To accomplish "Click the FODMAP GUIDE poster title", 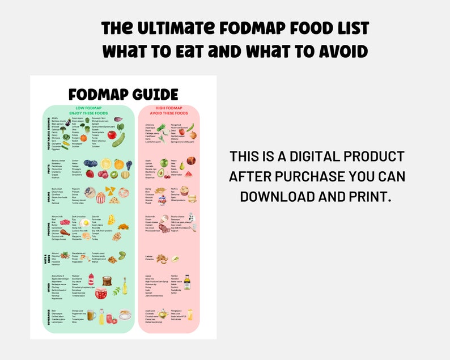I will point(123,94).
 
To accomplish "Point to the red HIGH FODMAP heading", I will point(169,108).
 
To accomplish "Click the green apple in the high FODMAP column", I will point(164,163).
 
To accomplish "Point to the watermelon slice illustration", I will point(189,173).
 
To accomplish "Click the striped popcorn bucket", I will point(101,197).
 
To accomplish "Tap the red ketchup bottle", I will point(91,279).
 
